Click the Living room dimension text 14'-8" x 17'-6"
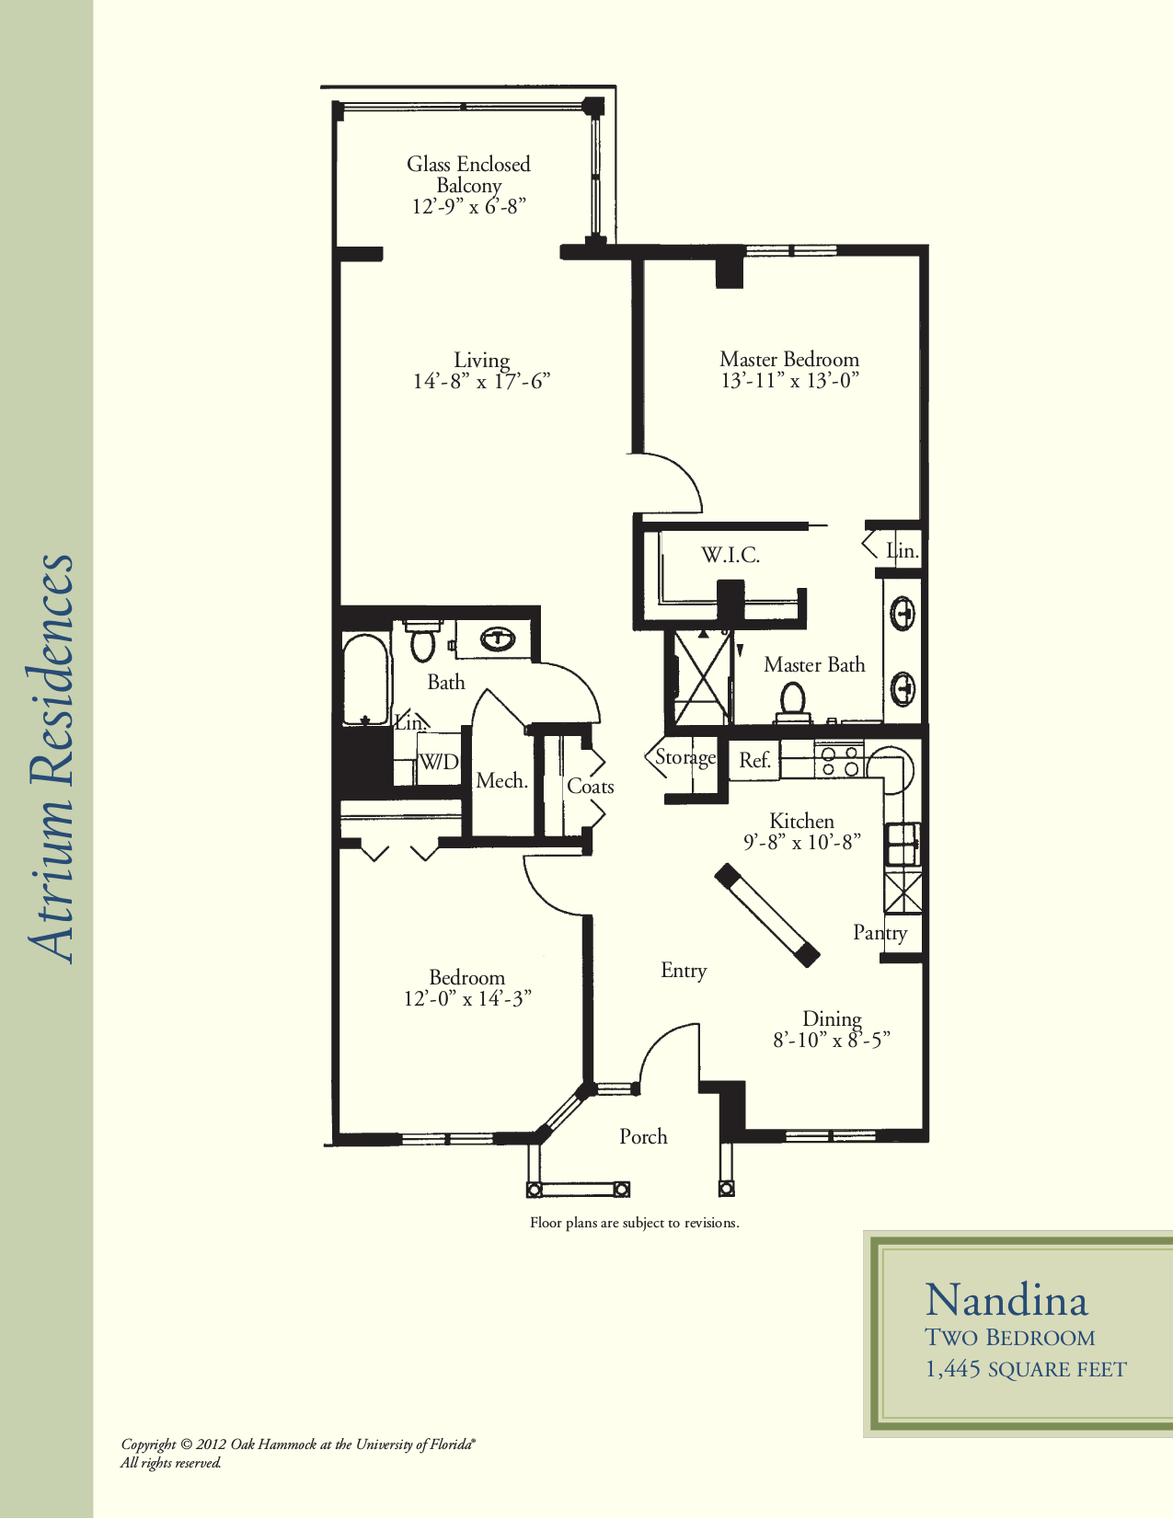click(x=482, y=382)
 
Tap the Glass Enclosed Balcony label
click(x=468, y=175)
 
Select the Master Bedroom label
click(x=789, y=360)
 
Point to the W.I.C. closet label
click(x=730, y=555)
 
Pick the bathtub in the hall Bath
click(x=365, y=679)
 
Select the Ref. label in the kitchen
click(x=755, y=760)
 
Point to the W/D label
click(x=439, y=761)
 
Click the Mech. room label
click(x=502, y=781)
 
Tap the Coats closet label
click(x=590, y=787)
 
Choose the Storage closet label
click(x=685, y=758)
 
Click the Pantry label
click(x=880, y=933)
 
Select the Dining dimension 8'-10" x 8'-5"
click(x=831, y=1041)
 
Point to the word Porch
click(x=643, y=1136)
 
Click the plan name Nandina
click(x=1006, y=1301)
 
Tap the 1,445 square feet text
click(x=1026, y=1369)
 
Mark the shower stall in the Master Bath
click(x=703, y=676)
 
